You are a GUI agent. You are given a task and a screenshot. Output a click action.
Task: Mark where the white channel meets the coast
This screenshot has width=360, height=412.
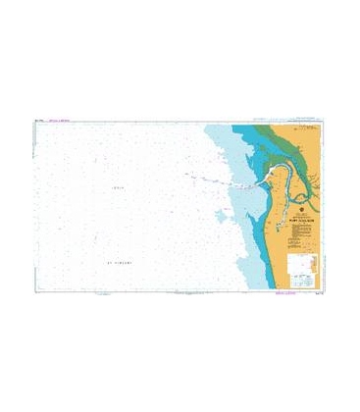pyautogui.click(x=257, y=183)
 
